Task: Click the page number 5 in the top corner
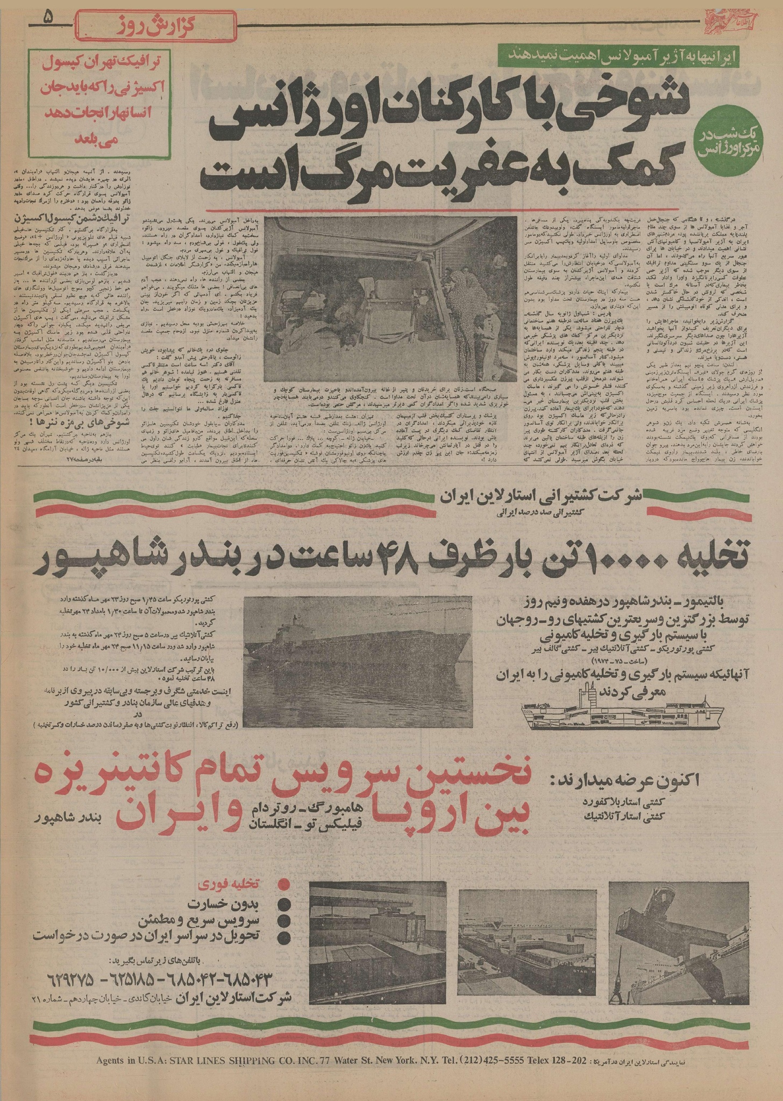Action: pos(49,18)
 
